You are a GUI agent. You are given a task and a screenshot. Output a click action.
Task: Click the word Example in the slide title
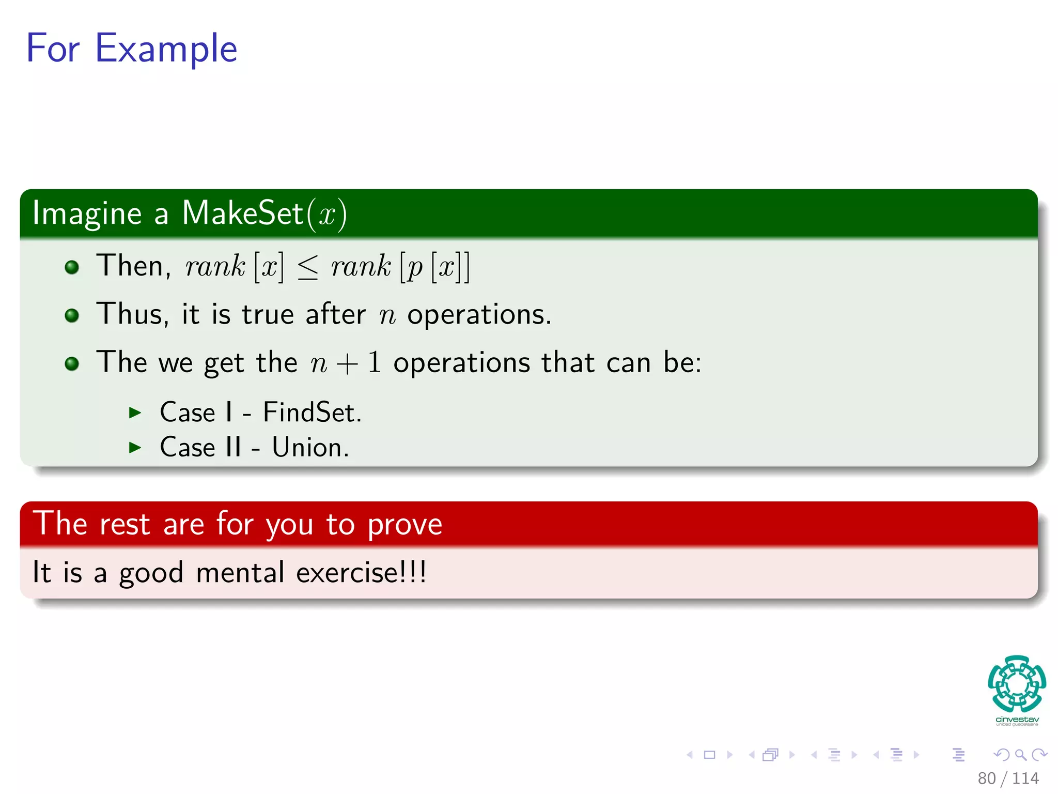(x=166, y=49)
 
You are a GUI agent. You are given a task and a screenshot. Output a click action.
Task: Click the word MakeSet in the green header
(x=242, y=213)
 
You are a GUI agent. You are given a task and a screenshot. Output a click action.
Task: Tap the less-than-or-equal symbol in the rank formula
(x=308, y=267)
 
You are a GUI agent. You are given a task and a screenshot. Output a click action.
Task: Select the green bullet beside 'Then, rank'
(x=72, y=267)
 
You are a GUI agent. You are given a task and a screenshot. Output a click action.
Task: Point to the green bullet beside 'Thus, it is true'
(x=72, y=315)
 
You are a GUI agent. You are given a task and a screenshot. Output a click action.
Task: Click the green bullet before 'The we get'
(x=72, y=363)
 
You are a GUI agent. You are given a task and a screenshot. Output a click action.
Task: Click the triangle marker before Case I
(x=135, y=413)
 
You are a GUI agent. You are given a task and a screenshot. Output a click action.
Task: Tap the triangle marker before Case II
(x=135, y=448)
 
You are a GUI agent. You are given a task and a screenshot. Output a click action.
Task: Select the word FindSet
(x=312, y=413)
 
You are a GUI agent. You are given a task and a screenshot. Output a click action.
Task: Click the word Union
(x=310, y=448)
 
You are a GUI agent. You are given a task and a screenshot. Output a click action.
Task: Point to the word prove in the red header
(x=404, y=525)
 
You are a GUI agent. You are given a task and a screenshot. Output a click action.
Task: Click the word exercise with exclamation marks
(x=361, y=573)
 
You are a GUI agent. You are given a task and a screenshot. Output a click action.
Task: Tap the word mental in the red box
(x=240, y=573)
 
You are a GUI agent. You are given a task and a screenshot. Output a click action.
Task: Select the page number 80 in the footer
(x=986, y=778)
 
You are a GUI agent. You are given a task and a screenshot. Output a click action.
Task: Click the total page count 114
(x=1025, y=778)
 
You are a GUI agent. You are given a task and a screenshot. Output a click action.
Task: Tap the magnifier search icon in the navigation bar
(x=1020, y=755)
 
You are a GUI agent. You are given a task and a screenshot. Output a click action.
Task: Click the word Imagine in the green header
(x=87, y=213)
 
